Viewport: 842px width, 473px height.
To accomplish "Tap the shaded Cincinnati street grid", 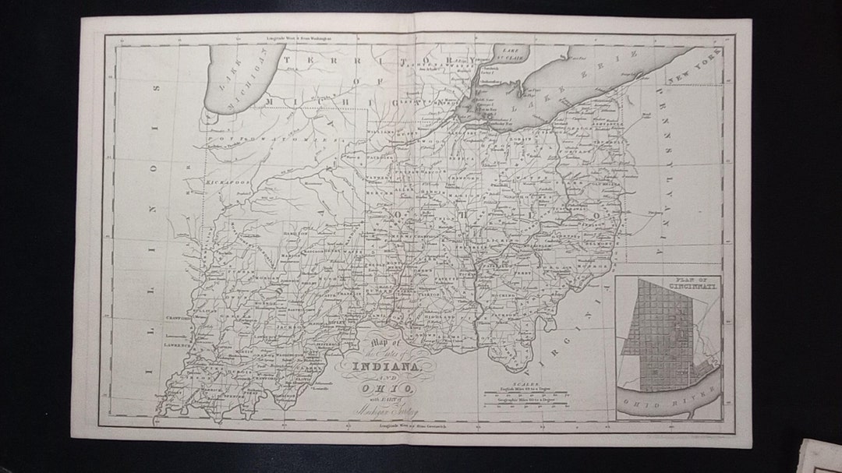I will coord(657,335).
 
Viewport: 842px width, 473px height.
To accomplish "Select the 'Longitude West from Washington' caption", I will coord(299,37).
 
